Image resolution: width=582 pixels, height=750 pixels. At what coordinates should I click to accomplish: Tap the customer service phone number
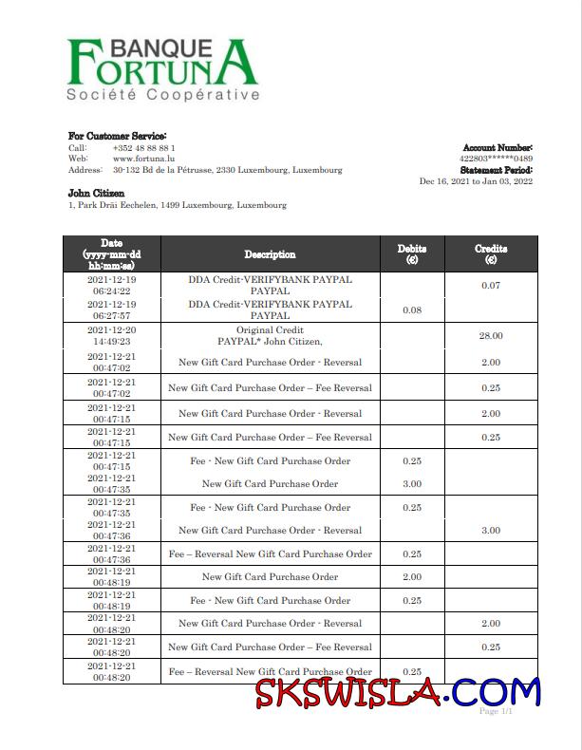143,148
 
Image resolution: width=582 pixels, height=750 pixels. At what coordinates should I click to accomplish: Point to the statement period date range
476,181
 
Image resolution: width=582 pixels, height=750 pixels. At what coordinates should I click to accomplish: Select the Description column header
270,254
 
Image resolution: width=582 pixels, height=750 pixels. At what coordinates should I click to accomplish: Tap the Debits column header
411,253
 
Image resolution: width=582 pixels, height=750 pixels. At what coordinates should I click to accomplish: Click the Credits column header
490,253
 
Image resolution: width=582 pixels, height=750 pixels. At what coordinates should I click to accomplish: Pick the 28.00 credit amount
490,336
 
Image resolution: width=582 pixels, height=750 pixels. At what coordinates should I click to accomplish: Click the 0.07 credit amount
490,286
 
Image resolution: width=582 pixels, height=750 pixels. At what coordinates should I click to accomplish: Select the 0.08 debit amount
411,310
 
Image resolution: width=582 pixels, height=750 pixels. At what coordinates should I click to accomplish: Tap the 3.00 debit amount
411,484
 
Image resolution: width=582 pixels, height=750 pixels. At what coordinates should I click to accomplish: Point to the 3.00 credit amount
490,531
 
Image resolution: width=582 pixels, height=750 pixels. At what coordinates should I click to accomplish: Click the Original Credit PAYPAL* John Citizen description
270,336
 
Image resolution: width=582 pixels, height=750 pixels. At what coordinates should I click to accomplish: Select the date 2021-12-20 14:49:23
112,336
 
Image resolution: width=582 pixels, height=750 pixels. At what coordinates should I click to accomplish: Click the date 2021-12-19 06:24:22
112,286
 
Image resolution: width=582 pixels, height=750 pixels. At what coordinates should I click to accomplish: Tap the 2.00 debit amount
411,577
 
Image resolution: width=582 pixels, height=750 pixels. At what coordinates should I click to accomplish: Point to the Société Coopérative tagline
162,96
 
